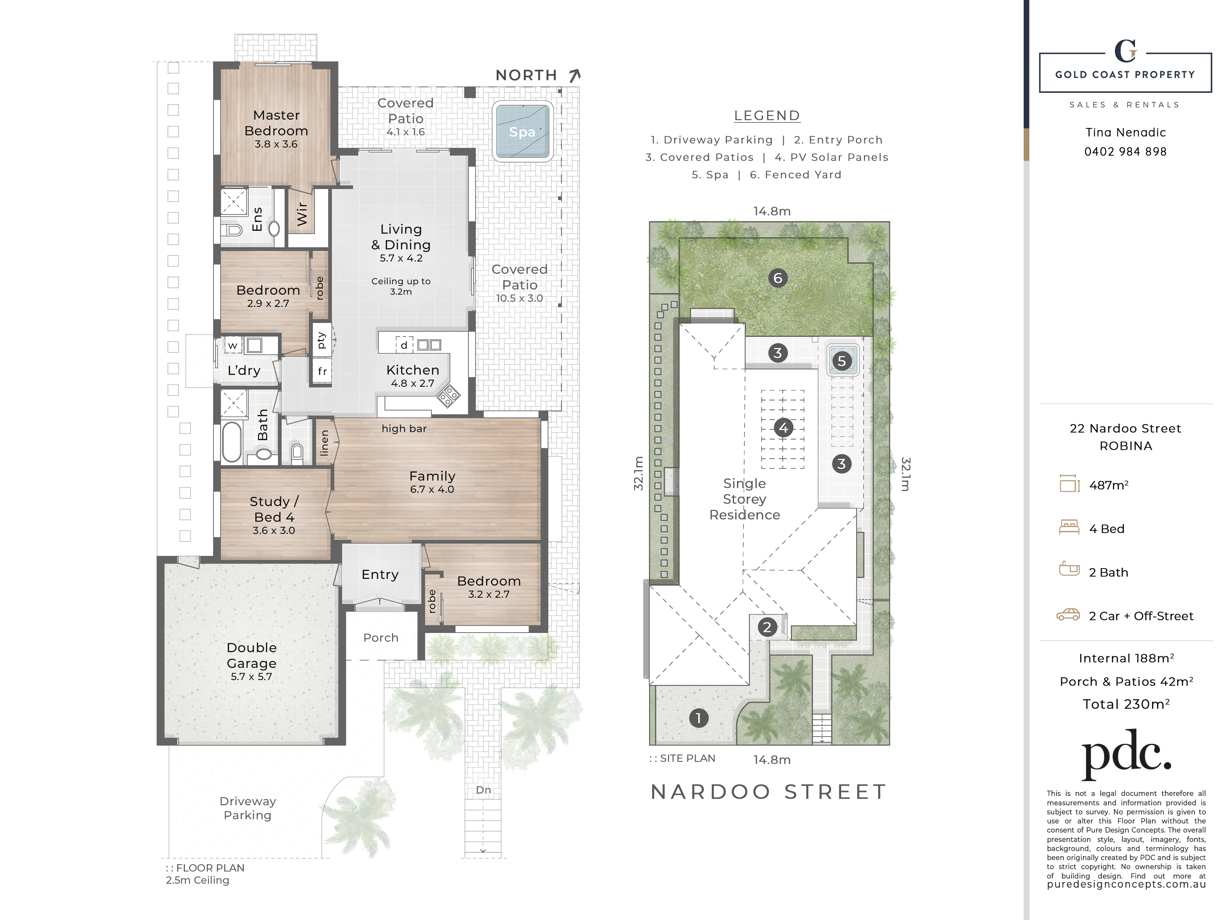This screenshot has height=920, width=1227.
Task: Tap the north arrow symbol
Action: pos(575,75)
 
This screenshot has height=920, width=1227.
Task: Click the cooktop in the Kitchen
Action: pos(448,396)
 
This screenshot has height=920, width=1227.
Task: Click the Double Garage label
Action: pos(252,656)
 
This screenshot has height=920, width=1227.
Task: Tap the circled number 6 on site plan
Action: pos(778,278)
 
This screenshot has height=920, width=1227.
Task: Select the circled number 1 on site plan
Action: pos(698,718)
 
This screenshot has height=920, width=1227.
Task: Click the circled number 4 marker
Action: pos(783,428)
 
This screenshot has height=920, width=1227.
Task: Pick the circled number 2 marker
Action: pos(767,627)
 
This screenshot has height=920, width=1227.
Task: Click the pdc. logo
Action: pos(1127,755)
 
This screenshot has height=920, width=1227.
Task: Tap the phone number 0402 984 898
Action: pos(1126,151)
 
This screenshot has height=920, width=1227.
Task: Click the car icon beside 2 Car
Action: pos(1068,614)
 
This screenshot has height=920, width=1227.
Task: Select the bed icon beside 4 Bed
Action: pos(1069,527)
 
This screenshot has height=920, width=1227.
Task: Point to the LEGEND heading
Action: pos(767,115)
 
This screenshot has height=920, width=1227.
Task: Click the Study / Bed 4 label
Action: pos(274,509)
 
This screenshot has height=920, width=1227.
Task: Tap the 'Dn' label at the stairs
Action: pos(483,790)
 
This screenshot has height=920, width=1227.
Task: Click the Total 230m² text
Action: pos(1126,704)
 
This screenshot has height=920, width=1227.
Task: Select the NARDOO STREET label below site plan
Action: pos(768,792)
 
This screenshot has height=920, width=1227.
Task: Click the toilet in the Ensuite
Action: pos(231,229)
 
